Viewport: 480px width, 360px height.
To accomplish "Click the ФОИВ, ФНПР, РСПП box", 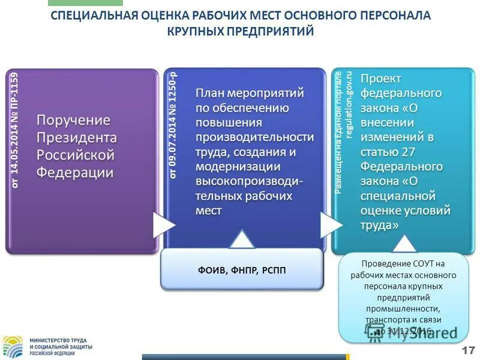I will (242, 270).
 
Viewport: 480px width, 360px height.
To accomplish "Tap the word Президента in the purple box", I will (77, 137).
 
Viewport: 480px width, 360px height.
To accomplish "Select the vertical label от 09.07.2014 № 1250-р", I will (173, 125).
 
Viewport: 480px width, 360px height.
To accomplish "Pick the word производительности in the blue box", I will (254, 137).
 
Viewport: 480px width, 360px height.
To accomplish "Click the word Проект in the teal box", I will (381, 79).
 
